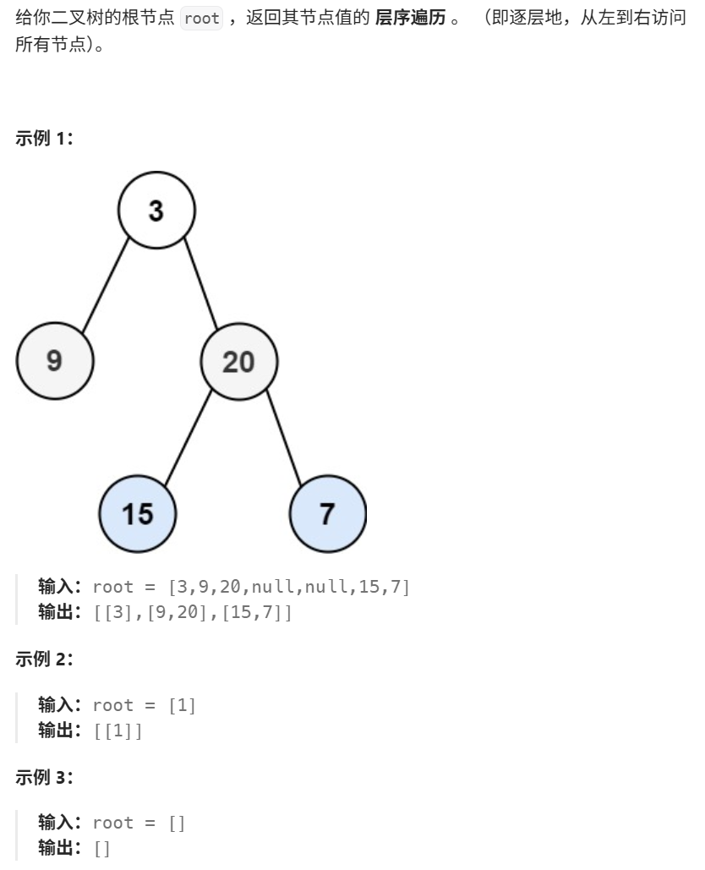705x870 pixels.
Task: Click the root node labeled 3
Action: [x=156, y=211]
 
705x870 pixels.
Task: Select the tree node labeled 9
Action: [x=55, y=362]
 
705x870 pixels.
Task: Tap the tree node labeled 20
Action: [x=238, y=362]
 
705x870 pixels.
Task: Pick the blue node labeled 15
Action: [x=138, y=512]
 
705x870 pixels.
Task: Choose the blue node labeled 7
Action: [x=328, y=512]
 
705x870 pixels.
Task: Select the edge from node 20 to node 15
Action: [x=188, y=438]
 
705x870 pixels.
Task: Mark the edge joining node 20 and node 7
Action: [x=283, y=438]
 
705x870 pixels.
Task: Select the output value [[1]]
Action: [x=118, y=729]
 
